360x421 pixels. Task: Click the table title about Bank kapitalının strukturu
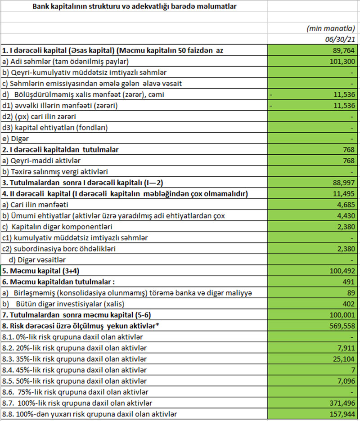tap(134, 6)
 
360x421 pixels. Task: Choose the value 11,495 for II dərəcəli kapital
tap(344, 193)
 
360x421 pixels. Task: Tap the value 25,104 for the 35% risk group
tap(344, 359)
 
